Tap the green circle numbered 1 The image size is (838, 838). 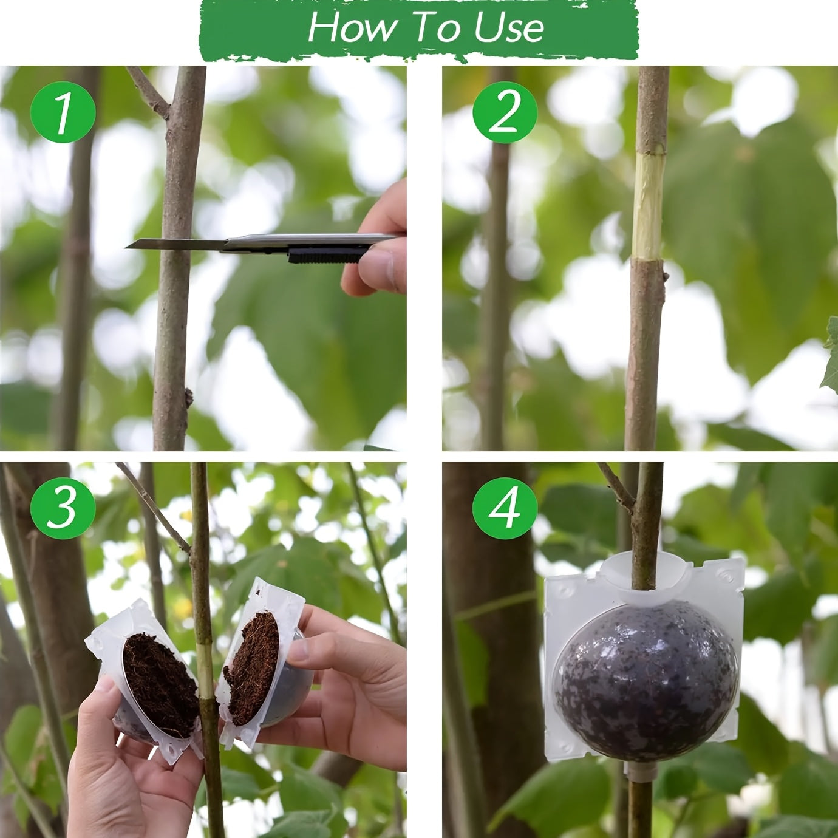(x=63, y=113)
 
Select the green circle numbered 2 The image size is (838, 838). (x=505, y=113)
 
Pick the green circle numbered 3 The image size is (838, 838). (x=63, y=506)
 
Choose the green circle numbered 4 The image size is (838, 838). (x=505, y=506)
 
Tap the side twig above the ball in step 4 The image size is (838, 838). (x=615, y=486)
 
